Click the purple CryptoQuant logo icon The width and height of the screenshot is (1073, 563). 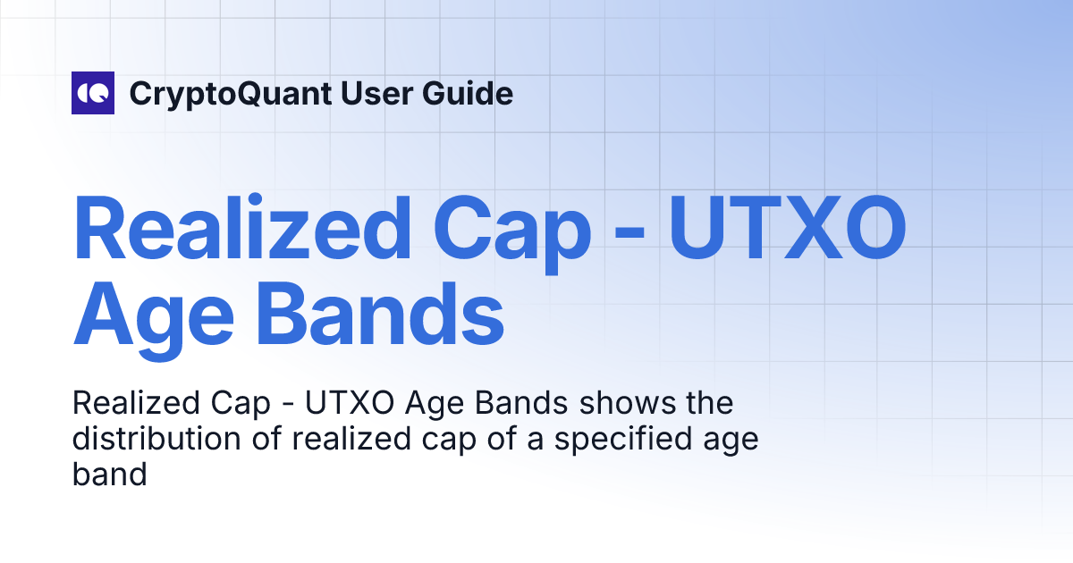[93, 93]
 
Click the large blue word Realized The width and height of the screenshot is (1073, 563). [241, 228]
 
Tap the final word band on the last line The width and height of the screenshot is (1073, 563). [109, 475]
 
